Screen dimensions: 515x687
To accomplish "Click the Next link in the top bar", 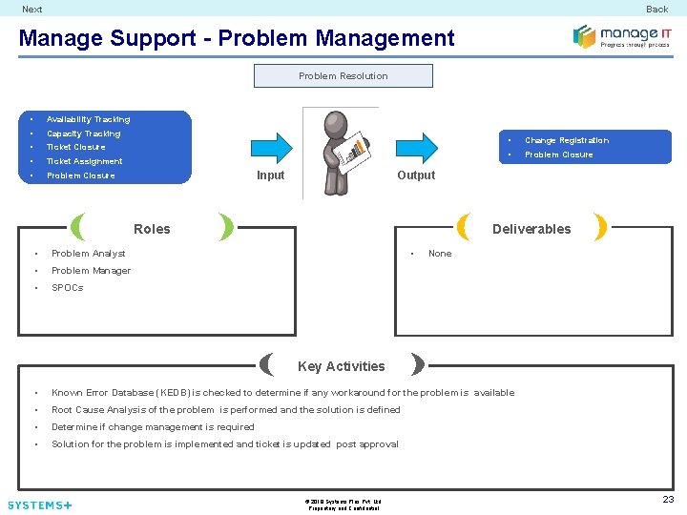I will coord(32,10).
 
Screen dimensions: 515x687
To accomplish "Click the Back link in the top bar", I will coord(656,10).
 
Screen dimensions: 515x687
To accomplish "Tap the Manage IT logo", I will coord(621,37).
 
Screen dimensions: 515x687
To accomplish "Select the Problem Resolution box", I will coord(343,76).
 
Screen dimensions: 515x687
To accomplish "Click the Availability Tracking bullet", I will coord(88,119).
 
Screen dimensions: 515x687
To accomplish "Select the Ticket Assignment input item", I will coord(84,161).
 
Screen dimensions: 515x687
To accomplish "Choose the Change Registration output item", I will coord(566,140).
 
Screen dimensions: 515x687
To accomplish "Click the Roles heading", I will coord(152,229).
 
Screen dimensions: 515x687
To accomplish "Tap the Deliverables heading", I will coord(531,229).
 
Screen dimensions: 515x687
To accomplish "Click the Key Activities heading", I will coord(342,366).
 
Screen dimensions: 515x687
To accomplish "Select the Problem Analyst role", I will coord(88,254).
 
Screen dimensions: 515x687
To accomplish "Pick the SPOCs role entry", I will coord(67,288).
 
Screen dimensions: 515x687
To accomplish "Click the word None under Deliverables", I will coord(440,254).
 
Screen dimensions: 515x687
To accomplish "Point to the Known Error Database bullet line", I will coord(282,393).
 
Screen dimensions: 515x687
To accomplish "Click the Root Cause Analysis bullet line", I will coord(225,410).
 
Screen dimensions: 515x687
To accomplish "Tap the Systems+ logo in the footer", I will coord(40,505).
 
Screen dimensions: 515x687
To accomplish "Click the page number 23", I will coord(668,499).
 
